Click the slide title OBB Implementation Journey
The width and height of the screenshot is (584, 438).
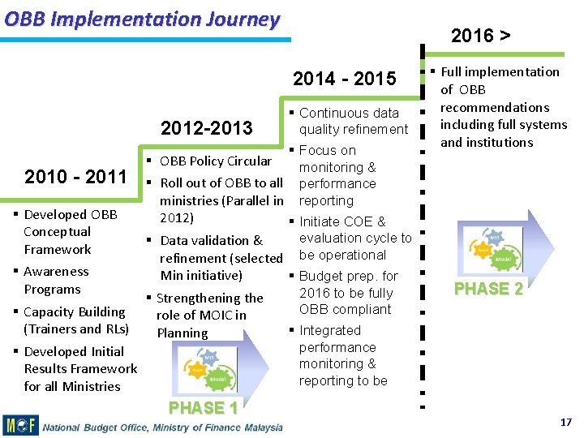pyautogui.click(x=142, y=19)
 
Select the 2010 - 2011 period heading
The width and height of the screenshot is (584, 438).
pyautogui.click(x=75, y=177)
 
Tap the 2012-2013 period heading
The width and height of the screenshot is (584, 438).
pyautogui.click(x=207, y=128)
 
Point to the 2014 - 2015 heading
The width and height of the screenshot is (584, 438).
pyautogui.click(x=344, y=79)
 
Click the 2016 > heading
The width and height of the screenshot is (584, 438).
pyautogui.click(x=480, y=35)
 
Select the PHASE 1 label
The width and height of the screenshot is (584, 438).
pyautogui.click(x=203, y=407)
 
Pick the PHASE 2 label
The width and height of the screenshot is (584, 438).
pyautogui.click(x=488, y=289)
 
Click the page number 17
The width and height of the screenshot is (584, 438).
pyautogui.click(x=565, y=423)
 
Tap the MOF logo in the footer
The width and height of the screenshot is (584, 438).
pyautogui.click(x=20, y=425)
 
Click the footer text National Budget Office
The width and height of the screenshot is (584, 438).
pyautogui.click(x=162, y=427)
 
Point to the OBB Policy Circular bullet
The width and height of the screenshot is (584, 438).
pyautogui.click(x=215, y=161)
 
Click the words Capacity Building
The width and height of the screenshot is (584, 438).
pyautogui.click(x=75, y=311)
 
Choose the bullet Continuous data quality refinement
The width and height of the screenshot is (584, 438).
pyautogui.click(x=352, y=121)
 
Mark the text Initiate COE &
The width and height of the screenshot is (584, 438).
pyautogui.click(x=342, y=221)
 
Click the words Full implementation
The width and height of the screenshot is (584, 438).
pyautogui.click(x=500, y=71)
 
